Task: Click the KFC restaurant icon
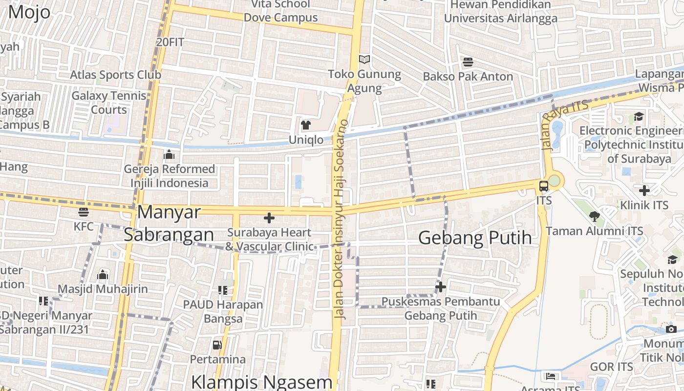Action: click(84, 212)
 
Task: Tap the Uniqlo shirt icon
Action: click(306, 125)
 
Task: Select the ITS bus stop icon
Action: click(544, 186)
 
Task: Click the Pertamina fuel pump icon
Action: click(217, 345)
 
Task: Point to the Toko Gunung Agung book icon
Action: click(364, 60)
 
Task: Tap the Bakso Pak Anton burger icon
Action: click(468, 62)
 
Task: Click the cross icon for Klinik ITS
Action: click(644, 190)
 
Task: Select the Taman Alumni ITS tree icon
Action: click(594, 216)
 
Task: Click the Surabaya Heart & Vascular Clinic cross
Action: click(269, 218)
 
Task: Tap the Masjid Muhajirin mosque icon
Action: click(103, 275)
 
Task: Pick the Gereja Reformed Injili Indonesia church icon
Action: click(169, 155)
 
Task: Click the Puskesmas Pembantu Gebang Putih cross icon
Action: click(441, 287)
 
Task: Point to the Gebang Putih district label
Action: click(475, 238)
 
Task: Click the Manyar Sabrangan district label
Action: click(169, 223)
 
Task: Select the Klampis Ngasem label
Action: click(262, 382)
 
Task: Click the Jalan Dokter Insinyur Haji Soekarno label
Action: click(341, 220)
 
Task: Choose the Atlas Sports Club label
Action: click(115, 75)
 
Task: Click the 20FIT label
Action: click(170, 43)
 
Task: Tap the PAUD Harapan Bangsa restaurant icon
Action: click(223, 291)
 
